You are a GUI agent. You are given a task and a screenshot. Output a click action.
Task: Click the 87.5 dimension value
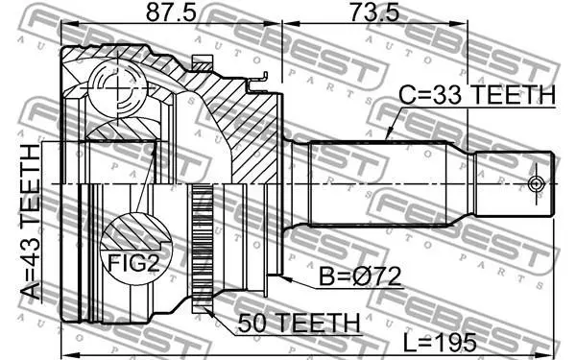tap(171, 12)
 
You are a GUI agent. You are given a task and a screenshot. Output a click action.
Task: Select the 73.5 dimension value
tap(374, 12)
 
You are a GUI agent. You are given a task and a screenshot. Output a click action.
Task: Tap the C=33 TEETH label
tap(477, 95)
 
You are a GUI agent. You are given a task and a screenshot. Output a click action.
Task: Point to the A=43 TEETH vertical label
tap(30, 222)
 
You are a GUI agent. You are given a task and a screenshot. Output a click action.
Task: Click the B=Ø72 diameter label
tap(360, 276)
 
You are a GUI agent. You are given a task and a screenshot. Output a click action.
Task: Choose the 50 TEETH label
tap(299, 324)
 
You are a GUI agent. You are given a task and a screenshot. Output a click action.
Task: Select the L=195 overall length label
tap(440, 343)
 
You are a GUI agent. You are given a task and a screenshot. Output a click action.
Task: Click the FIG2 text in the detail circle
tap(133, 262)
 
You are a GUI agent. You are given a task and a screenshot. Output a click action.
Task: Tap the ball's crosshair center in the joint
tap(118, 88)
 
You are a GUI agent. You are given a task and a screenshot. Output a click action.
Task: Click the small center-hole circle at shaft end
tap(536, 183)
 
